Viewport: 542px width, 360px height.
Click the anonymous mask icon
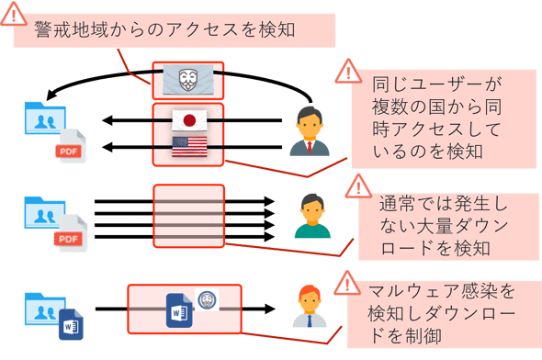point(187,81)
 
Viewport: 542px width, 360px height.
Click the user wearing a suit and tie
point(310,130)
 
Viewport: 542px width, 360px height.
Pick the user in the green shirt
point(312,215)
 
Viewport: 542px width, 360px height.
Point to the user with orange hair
point(310,307)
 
